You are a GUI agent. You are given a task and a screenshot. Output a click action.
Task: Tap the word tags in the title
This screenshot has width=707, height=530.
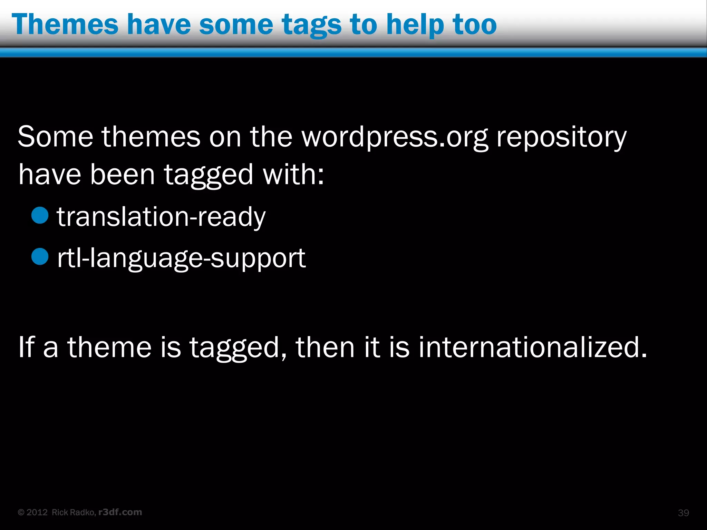point(311,25)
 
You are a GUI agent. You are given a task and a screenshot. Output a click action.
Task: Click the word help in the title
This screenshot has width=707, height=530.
point(415,25)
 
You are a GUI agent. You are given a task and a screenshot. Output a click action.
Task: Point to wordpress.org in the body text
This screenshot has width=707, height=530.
point(395,137)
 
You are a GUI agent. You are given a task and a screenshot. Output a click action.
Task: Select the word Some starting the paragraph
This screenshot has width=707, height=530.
point(55,137)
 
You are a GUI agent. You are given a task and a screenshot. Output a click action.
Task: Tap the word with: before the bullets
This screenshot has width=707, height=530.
point(293,175)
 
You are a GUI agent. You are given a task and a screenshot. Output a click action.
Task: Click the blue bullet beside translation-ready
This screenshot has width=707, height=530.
point(40,215)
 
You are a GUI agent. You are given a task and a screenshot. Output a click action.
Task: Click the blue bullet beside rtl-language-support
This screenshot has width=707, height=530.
point(40,257)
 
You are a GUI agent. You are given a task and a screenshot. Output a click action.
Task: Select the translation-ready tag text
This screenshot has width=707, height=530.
point(161,217)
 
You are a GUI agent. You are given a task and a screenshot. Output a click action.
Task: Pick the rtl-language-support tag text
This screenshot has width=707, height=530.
point(181,258)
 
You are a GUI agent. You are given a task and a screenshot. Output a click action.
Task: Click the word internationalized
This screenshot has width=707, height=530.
point(533,347)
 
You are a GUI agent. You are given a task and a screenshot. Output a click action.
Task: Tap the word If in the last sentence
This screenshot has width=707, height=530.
point(27,347)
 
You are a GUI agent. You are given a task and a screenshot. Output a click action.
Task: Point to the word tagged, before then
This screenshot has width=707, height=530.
point(238,348)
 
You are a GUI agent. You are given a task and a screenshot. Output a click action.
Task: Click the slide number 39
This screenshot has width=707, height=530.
point(683,513)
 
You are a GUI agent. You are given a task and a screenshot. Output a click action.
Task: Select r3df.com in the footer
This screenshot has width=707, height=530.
point(120,512)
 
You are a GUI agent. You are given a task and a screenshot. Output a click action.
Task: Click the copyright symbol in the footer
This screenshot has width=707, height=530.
point(21,512)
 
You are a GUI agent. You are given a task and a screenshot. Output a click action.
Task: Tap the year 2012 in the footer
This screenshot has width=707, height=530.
point(37,512)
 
